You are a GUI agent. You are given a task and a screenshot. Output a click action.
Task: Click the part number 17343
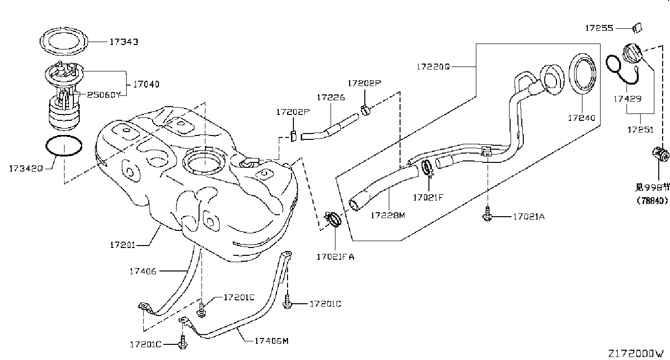point(123,42)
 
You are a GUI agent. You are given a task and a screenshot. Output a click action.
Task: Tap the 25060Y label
point(103,95)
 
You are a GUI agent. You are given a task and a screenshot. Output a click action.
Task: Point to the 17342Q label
point(26,168)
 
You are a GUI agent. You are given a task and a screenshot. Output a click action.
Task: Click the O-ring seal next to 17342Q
point(64,146)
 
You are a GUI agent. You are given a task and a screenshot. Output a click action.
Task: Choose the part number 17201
point(122,245)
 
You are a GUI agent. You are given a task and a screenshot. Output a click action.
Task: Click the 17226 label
point(331,97)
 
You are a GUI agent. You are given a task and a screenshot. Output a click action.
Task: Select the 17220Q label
point(433,66)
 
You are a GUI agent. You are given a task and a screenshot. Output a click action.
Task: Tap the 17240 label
point(581,118)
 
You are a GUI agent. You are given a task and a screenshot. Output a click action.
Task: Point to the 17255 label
point(599,28)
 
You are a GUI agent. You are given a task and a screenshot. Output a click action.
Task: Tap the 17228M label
point(387,215)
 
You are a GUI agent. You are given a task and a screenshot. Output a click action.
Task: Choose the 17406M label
point(268,341)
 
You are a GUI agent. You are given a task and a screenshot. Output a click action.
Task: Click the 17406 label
point(143,270)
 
